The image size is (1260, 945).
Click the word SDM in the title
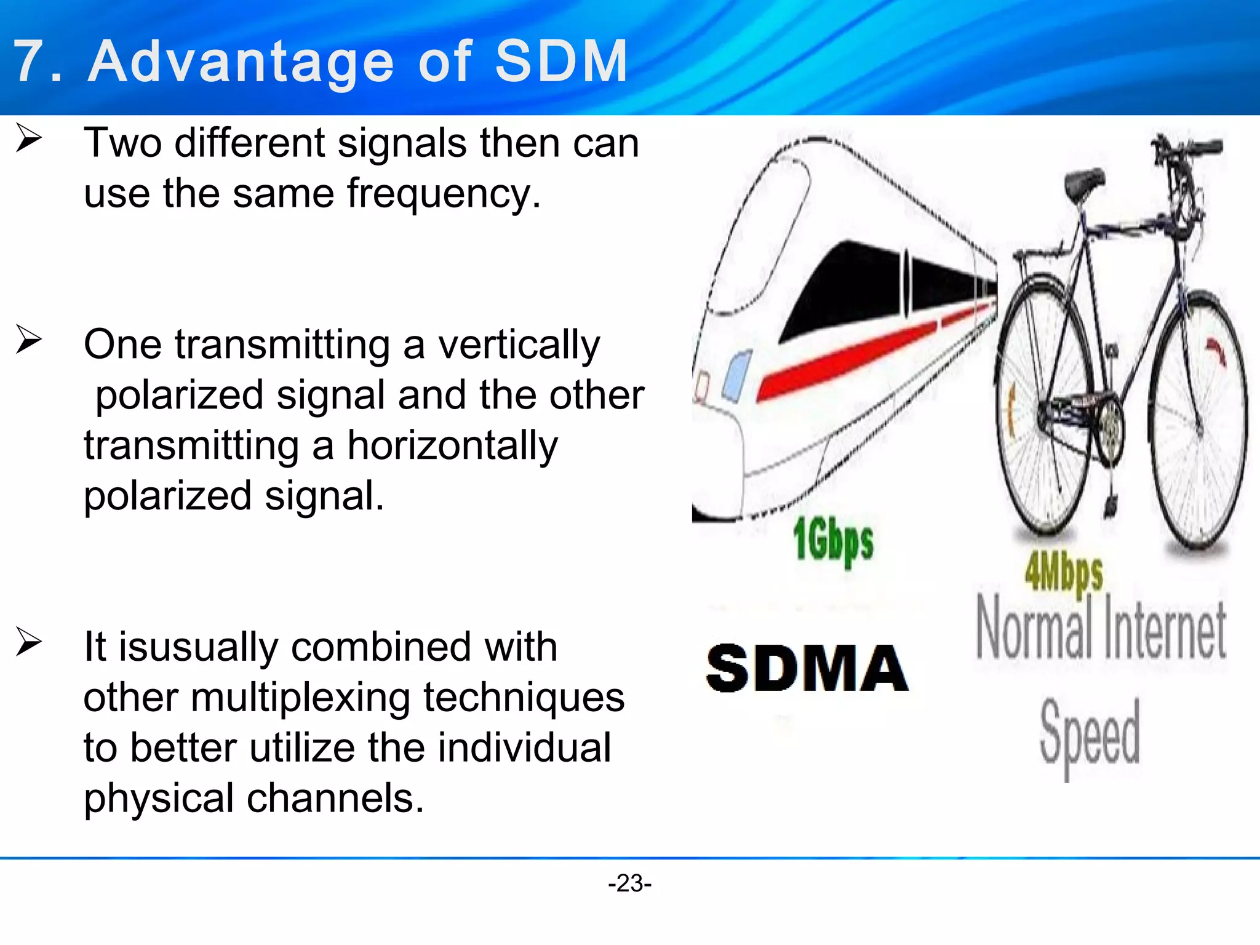point(560,61)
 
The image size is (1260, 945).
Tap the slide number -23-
point(629,883)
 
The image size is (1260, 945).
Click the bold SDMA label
point(807,669)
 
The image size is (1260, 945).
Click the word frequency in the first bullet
point(444,193)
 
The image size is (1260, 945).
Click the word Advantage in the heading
point(241,61)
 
